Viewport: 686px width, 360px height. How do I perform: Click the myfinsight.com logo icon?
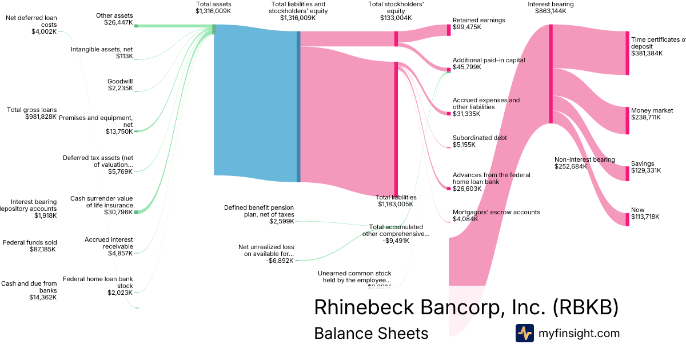525,333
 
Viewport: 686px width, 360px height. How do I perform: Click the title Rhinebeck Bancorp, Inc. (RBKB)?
466,307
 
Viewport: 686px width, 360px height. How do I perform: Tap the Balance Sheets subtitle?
371,333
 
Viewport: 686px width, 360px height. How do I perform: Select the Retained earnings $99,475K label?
479,23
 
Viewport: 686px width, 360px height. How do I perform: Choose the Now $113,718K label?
645,213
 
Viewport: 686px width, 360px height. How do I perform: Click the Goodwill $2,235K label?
120,85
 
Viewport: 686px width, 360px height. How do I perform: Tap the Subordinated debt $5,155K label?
480,141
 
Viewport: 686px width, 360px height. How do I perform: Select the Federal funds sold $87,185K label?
30,246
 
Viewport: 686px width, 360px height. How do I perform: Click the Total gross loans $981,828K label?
32,113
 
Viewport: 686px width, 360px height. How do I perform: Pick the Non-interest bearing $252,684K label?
584,163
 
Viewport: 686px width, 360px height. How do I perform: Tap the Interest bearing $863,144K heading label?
551,7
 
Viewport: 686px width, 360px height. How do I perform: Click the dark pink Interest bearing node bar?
551,74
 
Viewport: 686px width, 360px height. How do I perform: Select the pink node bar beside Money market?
627,120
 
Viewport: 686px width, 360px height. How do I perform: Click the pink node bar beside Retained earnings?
449,30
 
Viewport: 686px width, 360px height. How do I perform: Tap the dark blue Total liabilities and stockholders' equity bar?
298,106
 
